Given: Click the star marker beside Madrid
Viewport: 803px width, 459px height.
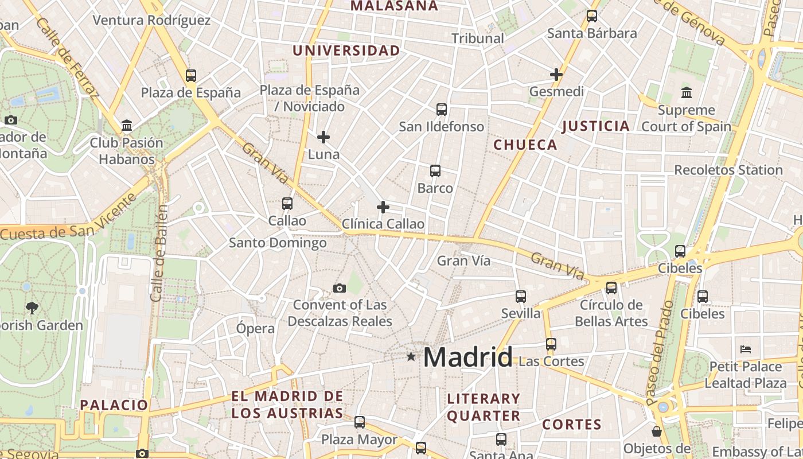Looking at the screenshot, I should pyautogui.click(x=411, y=357).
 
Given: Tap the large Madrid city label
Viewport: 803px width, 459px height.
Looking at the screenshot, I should pyautogui.click(x=467, y=357).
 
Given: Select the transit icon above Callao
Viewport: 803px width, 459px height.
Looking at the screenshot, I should pyautogui.click(x=287, y=204).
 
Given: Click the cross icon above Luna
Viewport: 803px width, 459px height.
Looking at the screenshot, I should pyautogui.click(x=323, y=137).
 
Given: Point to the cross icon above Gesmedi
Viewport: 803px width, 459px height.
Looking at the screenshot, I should pyautogui.click(x=556, y=74).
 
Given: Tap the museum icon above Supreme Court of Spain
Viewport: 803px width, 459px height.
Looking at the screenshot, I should pyautogui.click(x=686, y=92).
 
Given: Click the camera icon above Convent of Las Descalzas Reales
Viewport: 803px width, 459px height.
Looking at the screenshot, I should pyautogui.click(x=340, y=288).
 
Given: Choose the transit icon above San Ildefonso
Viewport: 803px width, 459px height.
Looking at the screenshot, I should pyautogui.click(x=441, y=110).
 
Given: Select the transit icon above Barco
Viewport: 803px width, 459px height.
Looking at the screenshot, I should pyautogui.click(x=435, y=171).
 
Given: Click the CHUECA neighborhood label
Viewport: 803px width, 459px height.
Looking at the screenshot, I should pyautogui.click(x=525, y=145).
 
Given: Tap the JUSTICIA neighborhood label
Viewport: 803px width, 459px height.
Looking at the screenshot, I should pyautogui.click(x=596, y=126).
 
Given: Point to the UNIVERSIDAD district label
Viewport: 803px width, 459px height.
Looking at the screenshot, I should pyautogui.click(x=346, y=50).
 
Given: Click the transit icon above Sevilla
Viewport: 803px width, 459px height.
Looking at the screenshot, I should pyautogui.click(x=520, y=297).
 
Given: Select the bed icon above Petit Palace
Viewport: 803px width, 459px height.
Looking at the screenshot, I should pyautogui.click(x=746, y=349).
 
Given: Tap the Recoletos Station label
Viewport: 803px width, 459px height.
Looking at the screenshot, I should pyautogui.click(x=728, y=170).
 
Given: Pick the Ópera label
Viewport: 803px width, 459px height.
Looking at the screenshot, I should pyautogui.click(x=256, y=329).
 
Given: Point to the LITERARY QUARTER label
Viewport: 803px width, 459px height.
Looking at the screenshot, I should pyautogui.click(x=484, y=407).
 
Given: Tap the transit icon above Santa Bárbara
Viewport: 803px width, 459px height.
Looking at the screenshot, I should pyautogui.click(x=592, y=17).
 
